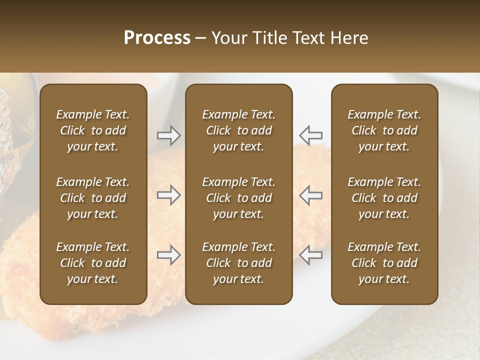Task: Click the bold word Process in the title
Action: [x=157, y=38]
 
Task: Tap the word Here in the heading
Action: [x=349, y=38]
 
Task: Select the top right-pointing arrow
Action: [x=168, y=135]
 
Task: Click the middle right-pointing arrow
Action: [x=168, y=195]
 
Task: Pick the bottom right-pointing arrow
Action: [x=168, y=255]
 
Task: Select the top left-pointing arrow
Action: [x=311, y=135]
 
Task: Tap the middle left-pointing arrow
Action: [x=311, y=195]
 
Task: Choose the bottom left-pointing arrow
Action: [x=311, y=255]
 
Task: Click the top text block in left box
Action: [x=93, y=130]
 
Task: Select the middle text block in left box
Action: [x=93, y=198]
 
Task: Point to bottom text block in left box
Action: [x=93, y=263]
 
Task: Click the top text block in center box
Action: [x=238, y=130]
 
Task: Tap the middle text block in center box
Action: [x=238, y=198]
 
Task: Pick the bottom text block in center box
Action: [x=238, y=263]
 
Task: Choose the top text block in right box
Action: [x=384, y=130]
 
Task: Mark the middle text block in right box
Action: [x=384, y=198]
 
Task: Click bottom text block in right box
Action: [x=384, y=263]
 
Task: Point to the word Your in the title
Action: [x=228, y=38]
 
